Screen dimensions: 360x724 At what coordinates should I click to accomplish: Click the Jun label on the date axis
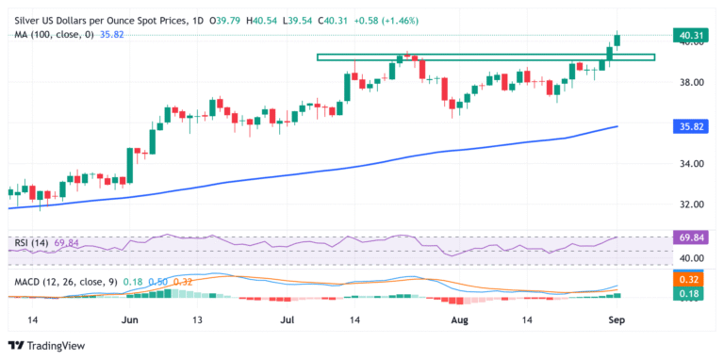pyautogui.click(x=131, y=320)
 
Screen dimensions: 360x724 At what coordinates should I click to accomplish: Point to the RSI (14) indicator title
pyautogui.click(x=32, y=243)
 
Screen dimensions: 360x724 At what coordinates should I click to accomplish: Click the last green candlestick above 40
pyautogui.click(x=617, y=39)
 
